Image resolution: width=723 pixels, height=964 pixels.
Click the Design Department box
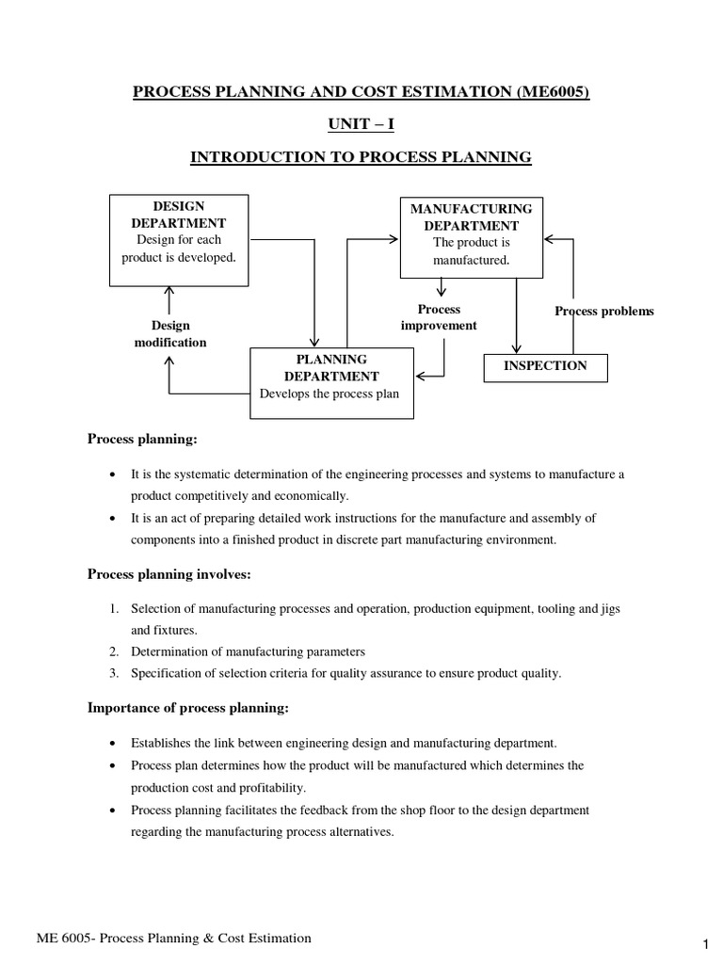point(179,240)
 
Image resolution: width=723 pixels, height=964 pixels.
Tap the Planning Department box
point(331,377)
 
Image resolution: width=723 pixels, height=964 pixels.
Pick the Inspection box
point(545,366)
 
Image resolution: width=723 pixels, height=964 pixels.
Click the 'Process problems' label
point(603,312)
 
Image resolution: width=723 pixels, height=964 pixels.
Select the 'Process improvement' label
point(439,317)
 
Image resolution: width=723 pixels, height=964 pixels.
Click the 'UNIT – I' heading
point(361,123)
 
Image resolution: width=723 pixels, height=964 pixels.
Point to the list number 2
point(113,651)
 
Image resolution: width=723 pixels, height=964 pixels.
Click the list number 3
point(113,673)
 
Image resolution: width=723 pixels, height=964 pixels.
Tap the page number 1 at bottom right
point(704,944)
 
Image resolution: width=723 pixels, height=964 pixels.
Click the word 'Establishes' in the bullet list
point(162,743)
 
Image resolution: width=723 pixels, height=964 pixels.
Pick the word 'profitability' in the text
point(275,787)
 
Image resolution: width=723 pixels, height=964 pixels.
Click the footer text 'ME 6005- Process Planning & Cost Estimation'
point(173,939)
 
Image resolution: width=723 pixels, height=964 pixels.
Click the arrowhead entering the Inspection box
point(516,349)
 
